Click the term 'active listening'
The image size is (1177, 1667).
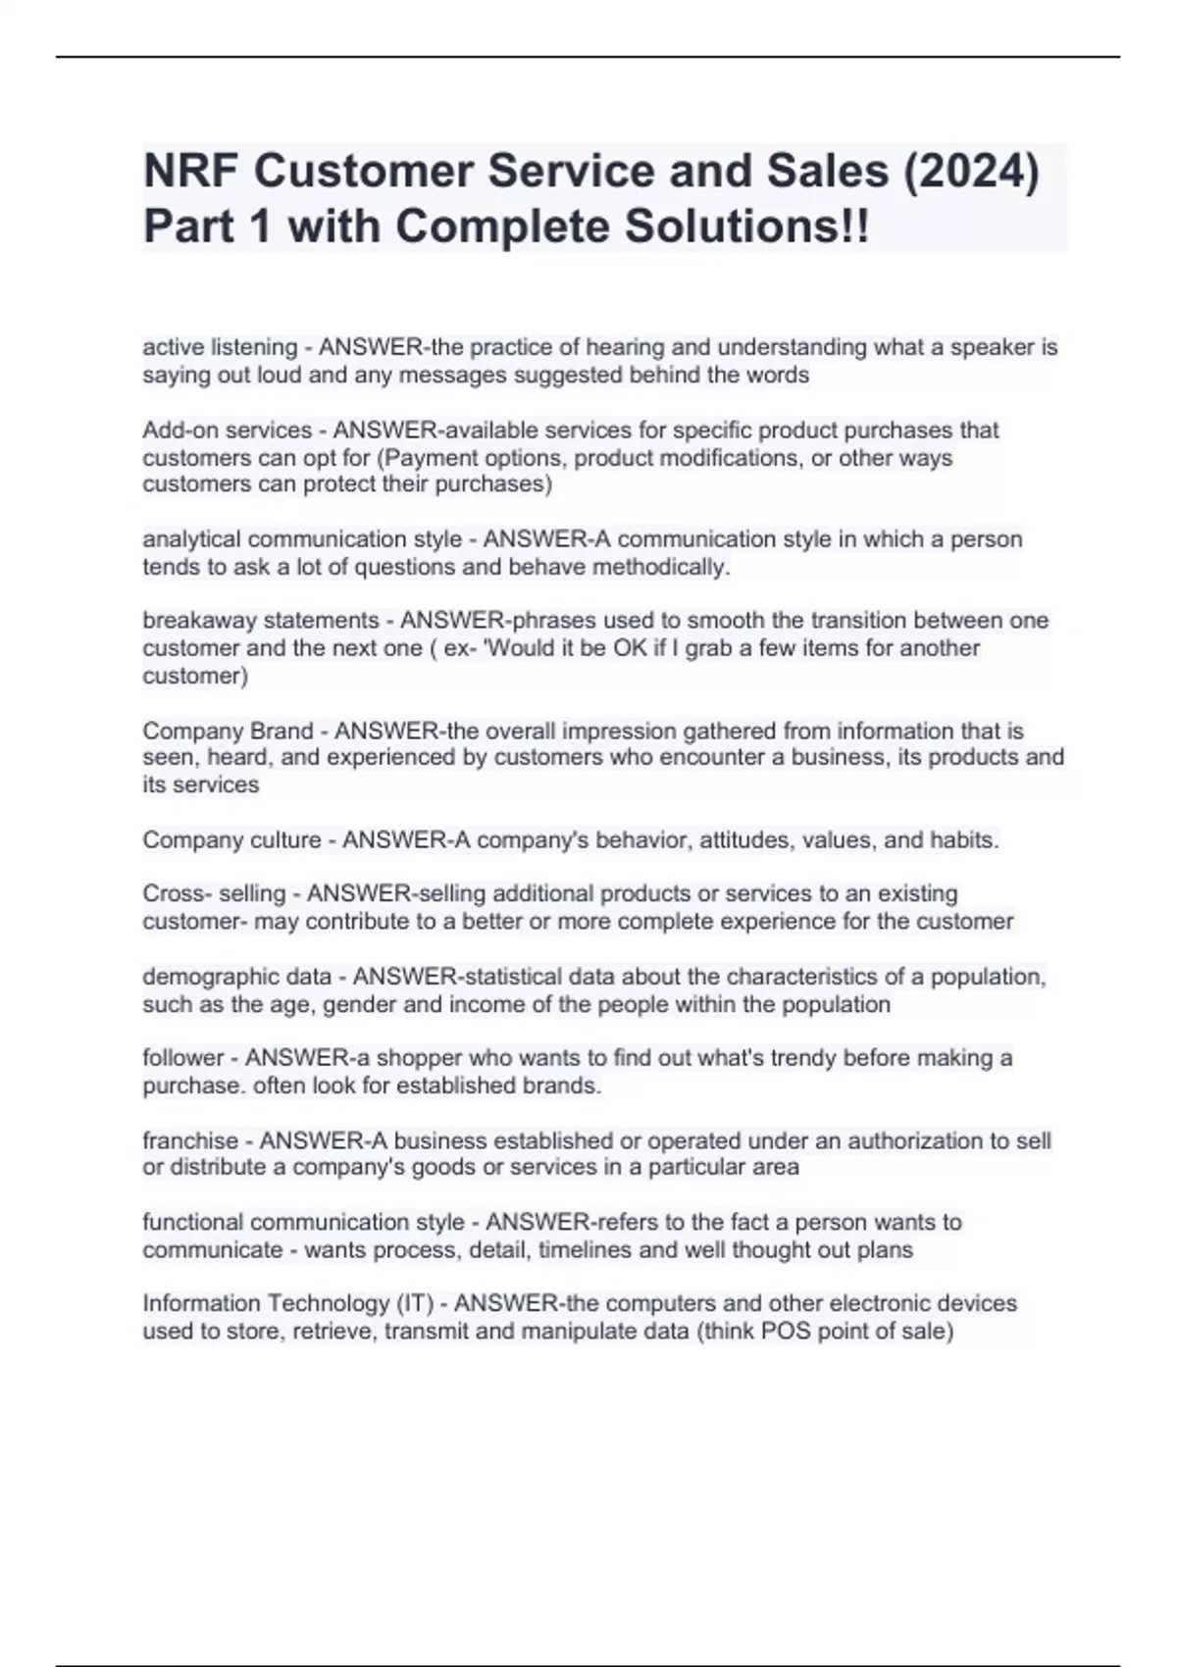point(220,347)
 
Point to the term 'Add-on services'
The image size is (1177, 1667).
point(227,429)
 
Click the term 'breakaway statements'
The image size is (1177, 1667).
point(260,620)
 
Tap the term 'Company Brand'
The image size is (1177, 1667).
point(228,731)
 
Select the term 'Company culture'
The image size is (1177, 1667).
point(231,839)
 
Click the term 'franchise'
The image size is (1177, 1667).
point(190,1140)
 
